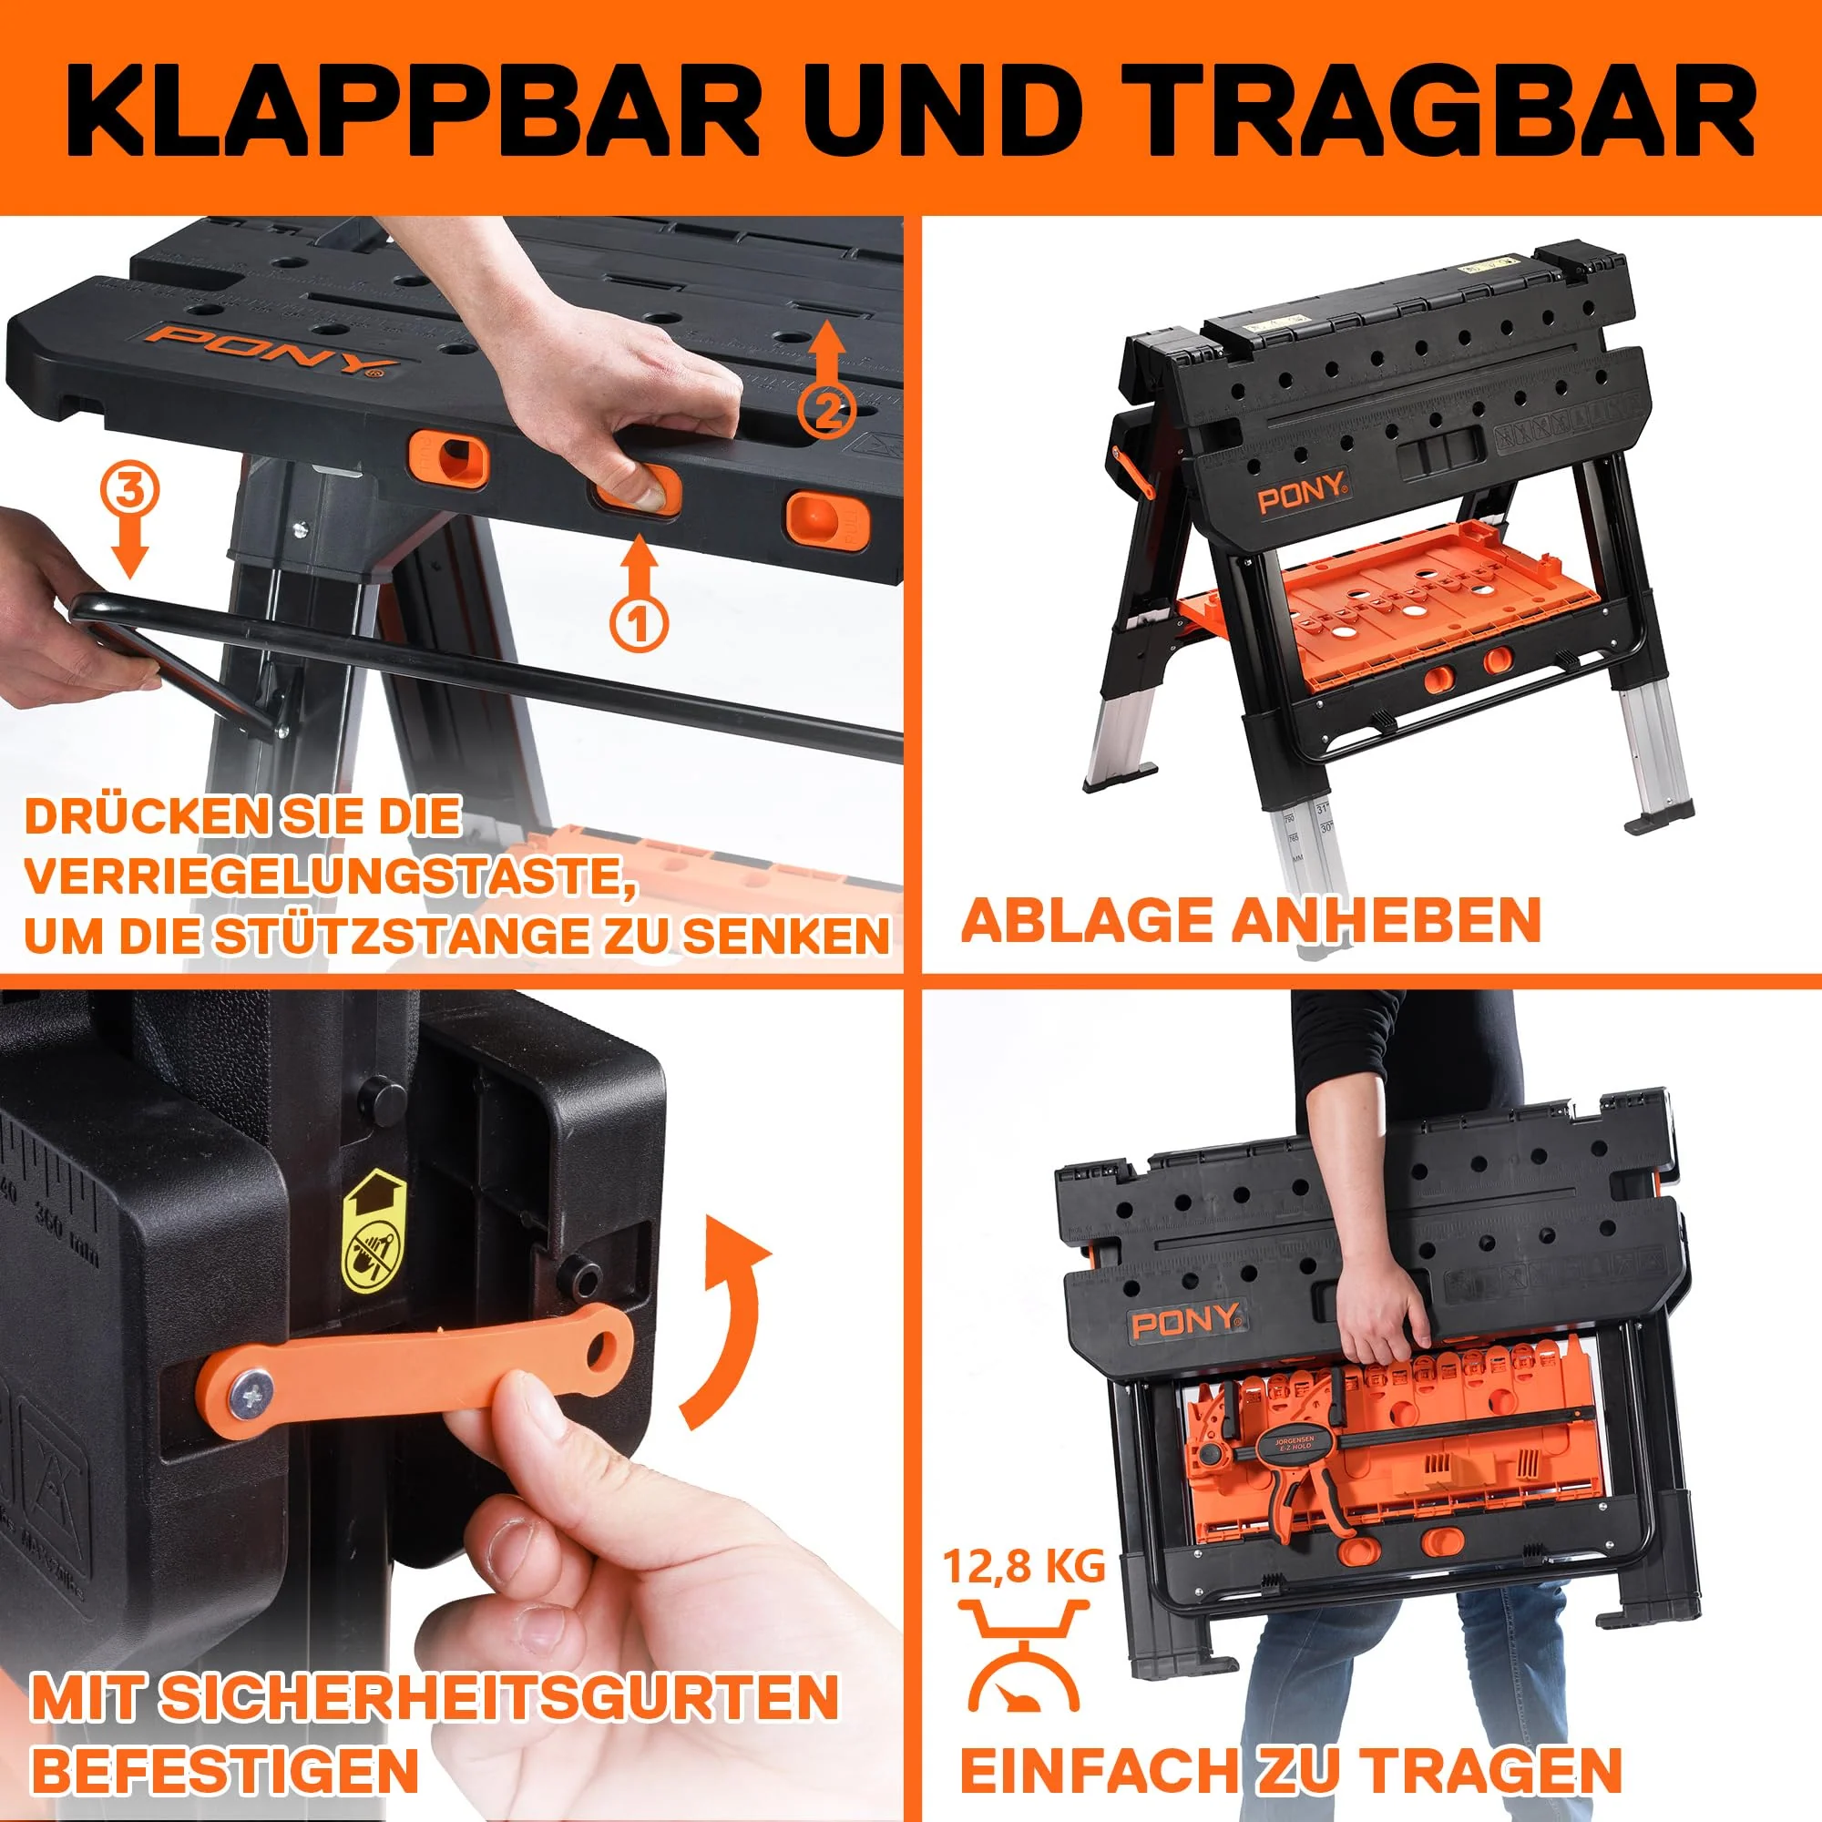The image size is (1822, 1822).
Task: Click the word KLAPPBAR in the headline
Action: (412, 110)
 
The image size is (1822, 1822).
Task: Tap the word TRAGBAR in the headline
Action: (1447, 110)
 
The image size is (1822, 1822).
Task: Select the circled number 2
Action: (827, 408)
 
